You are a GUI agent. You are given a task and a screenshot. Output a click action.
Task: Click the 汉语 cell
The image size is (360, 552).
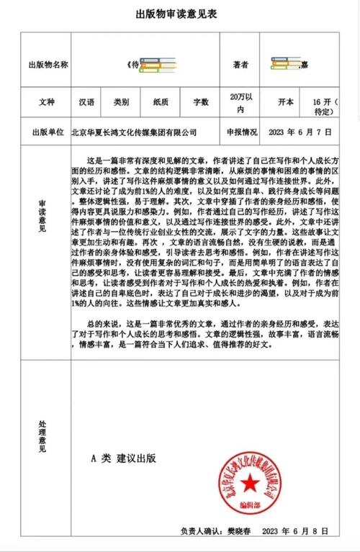pos(86,103)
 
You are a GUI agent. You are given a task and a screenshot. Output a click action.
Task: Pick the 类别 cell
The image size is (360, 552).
pos(122,103)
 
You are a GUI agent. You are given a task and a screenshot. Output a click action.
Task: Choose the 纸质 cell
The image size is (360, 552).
pos(161,103)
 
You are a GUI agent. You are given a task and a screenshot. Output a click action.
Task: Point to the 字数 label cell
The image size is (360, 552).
pos(201,103)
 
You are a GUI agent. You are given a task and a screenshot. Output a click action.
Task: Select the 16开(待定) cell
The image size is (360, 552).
pos(325,107)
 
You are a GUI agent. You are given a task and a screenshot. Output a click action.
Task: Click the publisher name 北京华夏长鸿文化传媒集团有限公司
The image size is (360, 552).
pos(135,133)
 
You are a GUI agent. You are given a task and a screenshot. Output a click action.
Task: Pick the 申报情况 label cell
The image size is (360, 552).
pos(241,133)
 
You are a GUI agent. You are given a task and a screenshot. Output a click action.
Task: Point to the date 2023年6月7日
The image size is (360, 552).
pos(300,133)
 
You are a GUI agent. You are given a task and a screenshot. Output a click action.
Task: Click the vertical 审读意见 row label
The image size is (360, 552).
pos(42,216)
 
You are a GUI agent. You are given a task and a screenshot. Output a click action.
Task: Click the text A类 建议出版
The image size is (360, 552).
pos(123,458)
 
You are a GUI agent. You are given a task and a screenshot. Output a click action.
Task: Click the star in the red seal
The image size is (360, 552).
pos(249,480)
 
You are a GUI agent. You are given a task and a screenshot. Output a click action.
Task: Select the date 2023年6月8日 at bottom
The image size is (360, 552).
pos(296,531)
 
